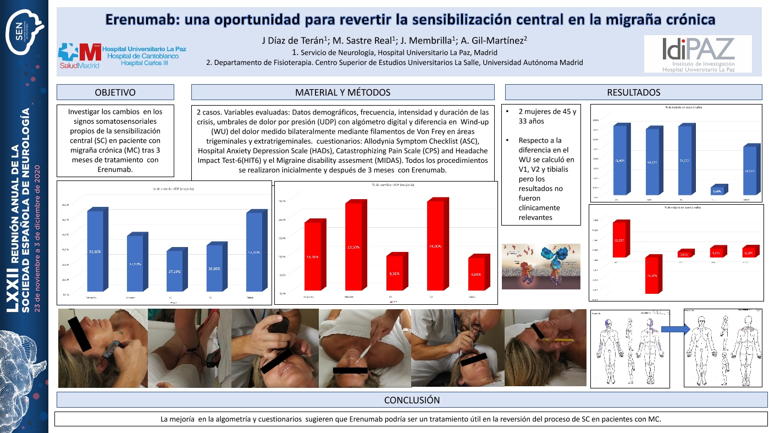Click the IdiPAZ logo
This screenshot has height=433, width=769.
pos(698,54)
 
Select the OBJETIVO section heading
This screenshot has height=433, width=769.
pos(115,92)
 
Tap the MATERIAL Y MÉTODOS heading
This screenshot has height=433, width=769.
pos(342,92)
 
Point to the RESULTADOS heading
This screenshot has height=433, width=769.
pos(633,92)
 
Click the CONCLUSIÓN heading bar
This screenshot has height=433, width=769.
pos(411,400)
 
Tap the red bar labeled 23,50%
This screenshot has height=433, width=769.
pos(353,247)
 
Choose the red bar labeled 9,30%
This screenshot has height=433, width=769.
pos(394,273)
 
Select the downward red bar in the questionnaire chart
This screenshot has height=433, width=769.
pos(652,275)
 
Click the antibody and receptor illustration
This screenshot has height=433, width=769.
pos(541,266)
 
